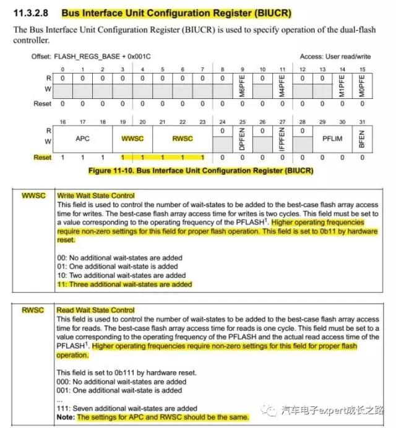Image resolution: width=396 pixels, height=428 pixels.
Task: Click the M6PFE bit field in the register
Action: click(241, 82)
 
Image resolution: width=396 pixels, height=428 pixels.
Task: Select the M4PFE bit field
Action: click(282, 82)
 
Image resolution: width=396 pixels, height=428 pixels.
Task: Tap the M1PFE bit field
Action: click(342, 82)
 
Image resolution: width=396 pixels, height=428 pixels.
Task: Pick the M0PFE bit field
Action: click(362, 82)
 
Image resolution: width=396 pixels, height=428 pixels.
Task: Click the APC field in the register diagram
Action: click(83, 139)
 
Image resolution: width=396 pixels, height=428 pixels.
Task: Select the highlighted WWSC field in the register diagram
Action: click(132, 139)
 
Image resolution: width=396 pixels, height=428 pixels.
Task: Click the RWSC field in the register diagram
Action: click(182, 139)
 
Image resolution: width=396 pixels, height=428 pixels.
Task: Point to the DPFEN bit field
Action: click(241, 139)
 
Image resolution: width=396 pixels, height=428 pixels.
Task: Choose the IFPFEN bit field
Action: click(282, 139)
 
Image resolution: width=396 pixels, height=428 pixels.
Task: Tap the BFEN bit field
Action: click(362, 139)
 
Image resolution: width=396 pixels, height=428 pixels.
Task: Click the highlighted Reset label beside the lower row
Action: click(42, 158)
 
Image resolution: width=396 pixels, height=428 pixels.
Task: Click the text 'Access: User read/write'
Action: click(337, 56)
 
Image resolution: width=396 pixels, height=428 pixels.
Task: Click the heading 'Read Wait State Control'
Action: click(96, 310)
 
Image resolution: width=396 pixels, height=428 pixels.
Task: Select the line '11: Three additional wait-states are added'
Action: click(124, 285)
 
